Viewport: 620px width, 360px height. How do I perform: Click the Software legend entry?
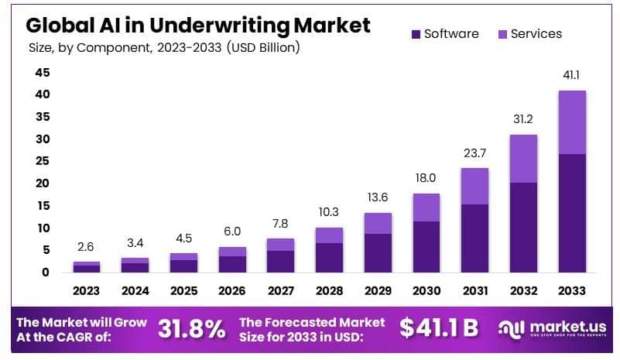(450, 34)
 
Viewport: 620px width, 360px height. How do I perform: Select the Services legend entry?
(536, 34)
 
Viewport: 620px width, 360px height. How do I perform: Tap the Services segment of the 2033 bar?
(572, 122)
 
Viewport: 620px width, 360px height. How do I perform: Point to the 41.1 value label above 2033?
(572, 76)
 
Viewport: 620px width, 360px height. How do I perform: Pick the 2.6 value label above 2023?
(87, 247)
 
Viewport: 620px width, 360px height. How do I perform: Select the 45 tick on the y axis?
(42, 73)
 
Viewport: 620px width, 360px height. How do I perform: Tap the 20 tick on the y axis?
(42, 183)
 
